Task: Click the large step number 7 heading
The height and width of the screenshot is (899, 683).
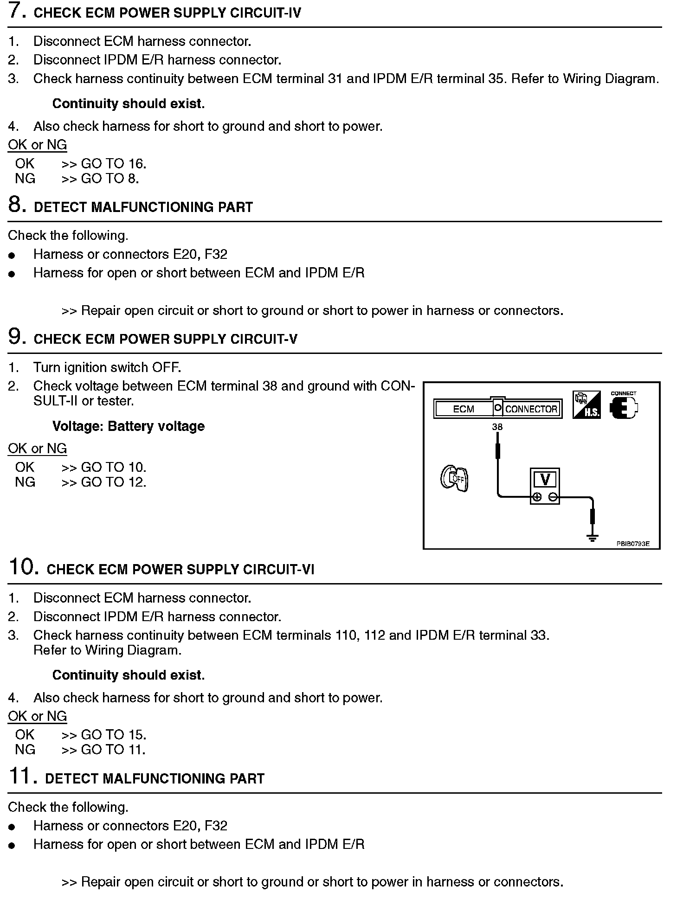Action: coord(17,11)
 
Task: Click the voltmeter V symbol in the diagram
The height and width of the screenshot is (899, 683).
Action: coord(545,479)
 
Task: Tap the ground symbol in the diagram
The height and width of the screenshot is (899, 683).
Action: coord(593,538)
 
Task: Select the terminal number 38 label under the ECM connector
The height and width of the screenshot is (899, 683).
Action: coord(497,427)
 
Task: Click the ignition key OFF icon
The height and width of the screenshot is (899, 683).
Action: coord(454,479)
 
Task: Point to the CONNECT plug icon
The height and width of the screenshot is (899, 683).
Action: coord(623,407)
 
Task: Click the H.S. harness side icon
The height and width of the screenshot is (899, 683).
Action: coord(587,405)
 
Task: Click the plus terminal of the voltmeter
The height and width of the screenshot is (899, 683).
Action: coord(537,497)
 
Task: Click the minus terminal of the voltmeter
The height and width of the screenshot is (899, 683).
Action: coord(553,497)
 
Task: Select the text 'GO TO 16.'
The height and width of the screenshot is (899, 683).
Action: coord(114,164)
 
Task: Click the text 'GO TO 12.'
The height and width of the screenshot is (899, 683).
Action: coord(114,482)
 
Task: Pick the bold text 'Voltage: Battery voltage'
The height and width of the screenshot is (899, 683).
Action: coord(129,426)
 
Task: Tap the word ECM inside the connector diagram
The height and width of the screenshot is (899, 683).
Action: coord(464,409)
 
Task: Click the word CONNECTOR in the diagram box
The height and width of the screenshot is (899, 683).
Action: coord(531,409)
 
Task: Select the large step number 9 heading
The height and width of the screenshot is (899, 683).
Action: coord(17,337)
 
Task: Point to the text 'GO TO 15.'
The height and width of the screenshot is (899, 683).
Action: coord(114,735)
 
